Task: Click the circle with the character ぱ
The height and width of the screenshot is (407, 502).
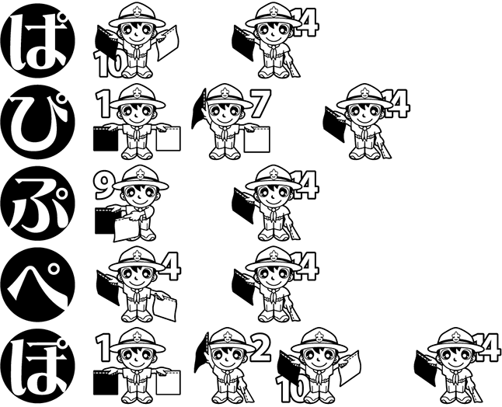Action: pos(38,40)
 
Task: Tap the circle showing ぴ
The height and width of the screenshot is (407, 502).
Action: pos(38,122)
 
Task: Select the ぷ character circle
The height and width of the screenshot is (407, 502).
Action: pos(38,203)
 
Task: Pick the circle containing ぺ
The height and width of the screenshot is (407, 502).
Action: pos(38,284)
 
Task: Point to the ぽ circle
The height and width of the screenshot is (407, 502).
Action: pos(38,366)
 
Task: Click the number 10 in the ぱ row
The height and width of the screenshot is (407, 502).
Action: pos(108,64)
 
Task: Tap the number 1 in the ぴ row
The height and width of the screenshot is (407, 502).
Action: pos(103,104)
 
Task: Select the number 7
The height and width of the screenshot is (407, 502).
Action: pos(260,103)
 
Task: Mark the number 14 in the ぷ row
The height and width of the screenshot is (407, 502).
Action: pos(305,186)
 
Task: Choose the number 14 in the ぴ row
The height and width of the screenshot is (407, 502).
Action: pos(396,104)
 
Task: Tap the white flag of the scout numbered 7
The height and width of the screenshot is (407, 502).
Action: pos(256,139)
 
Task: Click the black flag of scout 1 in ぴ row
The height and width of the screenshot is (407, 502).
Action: pos(106,138)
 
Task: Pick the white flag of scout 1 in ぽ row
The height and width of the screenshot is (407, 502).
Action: pos(169,383)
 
